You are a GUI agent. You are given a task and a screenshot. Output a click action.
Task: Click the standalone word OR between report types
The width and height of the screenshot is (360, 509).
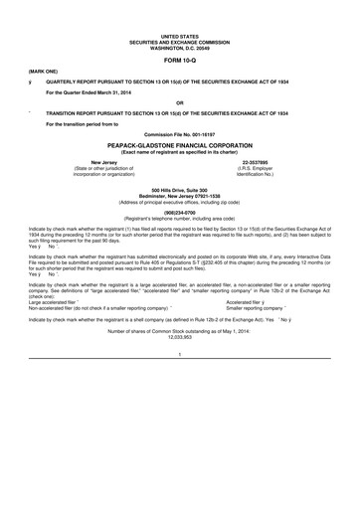[x=179, y=102]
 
